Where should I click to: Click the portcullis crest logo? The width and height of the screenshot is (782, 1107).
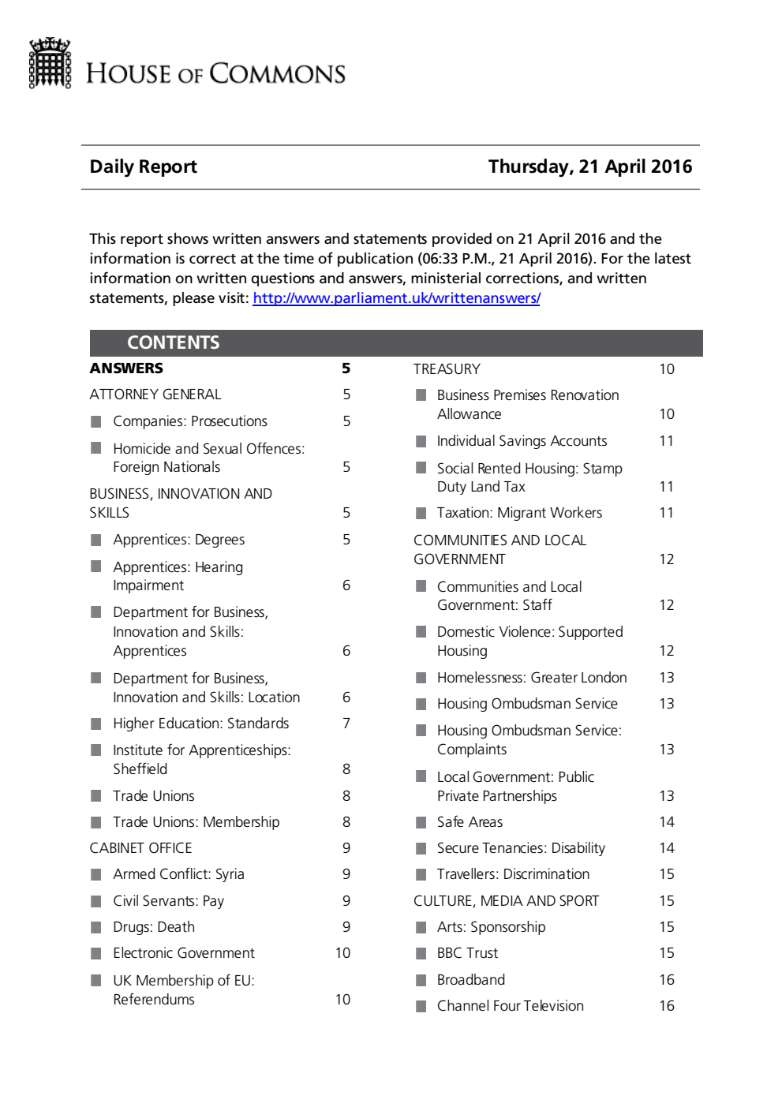point(50,63)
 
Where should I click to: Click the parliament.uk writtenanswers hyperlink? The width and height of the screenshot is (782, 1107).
point(396,298)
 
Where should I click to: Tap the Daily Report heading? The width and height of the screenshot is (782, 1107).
point(143,166)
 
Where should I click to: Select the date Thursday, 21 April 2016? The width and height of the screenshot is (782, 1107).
point(589,166)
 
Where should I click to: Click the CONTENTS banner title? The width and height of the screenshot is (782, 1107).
point(173,342)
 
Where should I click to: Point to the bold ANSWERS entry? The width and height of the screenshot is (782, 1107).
point(126,368)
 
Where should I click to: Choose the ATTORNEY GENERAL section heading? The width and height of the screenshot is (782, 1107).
point(155,395)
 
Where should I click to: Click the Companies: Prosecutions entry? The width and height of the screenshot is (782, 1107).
point(189,421)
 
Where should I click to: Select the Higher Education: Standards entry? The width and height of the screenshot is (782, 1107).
point(200,724)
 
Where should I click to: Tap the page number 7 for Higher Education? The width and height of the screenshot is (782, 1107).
point(346,724)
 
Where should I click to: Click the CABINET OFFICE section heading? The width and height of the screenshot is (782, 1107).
point(140,848)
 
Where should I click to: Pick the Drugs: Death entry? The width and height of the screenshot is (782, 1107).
point(153,927)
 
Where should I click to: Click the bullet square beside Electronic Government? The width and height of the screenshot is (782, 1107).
point(96,953)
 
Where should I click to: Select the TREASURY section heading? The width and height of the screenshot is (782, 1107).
point(447,369)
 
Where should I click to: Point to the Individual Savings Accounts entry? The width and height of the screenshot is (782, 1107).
point(522,441)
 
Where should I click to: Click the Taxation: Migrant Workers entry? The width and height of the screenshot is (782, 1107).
point(519,513)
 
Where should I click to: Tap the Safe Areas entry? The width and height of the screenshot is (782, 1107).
point(470,822)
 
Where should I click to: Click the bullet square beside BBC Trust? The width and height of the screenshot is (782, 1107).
point(421,953)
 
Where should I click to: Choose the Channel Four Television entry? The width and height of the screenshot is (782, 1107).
point(510,1006)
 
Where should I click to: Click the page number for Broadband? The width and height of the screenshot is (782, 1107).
point(667,980)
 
